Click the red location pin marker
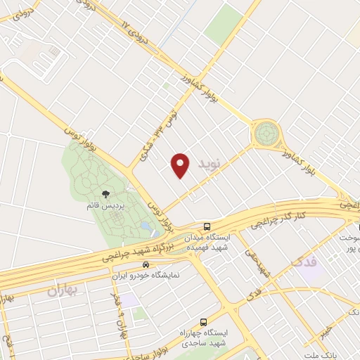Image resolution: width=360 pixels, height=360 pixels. [181, 165]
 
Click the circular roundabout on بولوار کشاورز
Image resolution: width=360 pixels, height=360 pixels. [266, 132]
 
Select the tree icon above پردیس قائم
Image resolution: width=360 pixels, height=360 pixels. [105, 194]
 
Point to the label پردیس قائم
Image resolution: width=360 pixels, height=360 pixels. [105, 207]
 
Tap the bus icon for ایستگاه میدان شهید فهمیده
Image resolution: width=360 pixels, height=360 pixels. [207, 226]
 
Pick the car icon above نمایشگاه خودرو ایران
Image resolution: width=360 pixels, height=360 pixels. [146, 264]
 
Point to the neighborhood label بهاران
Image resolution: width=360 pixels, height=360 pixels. [65, 289]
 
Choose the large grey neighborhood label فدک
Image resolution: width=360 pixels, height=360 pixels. [304, 262]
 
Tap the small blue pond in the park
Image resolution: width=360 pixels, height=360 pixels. [144, 226]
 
